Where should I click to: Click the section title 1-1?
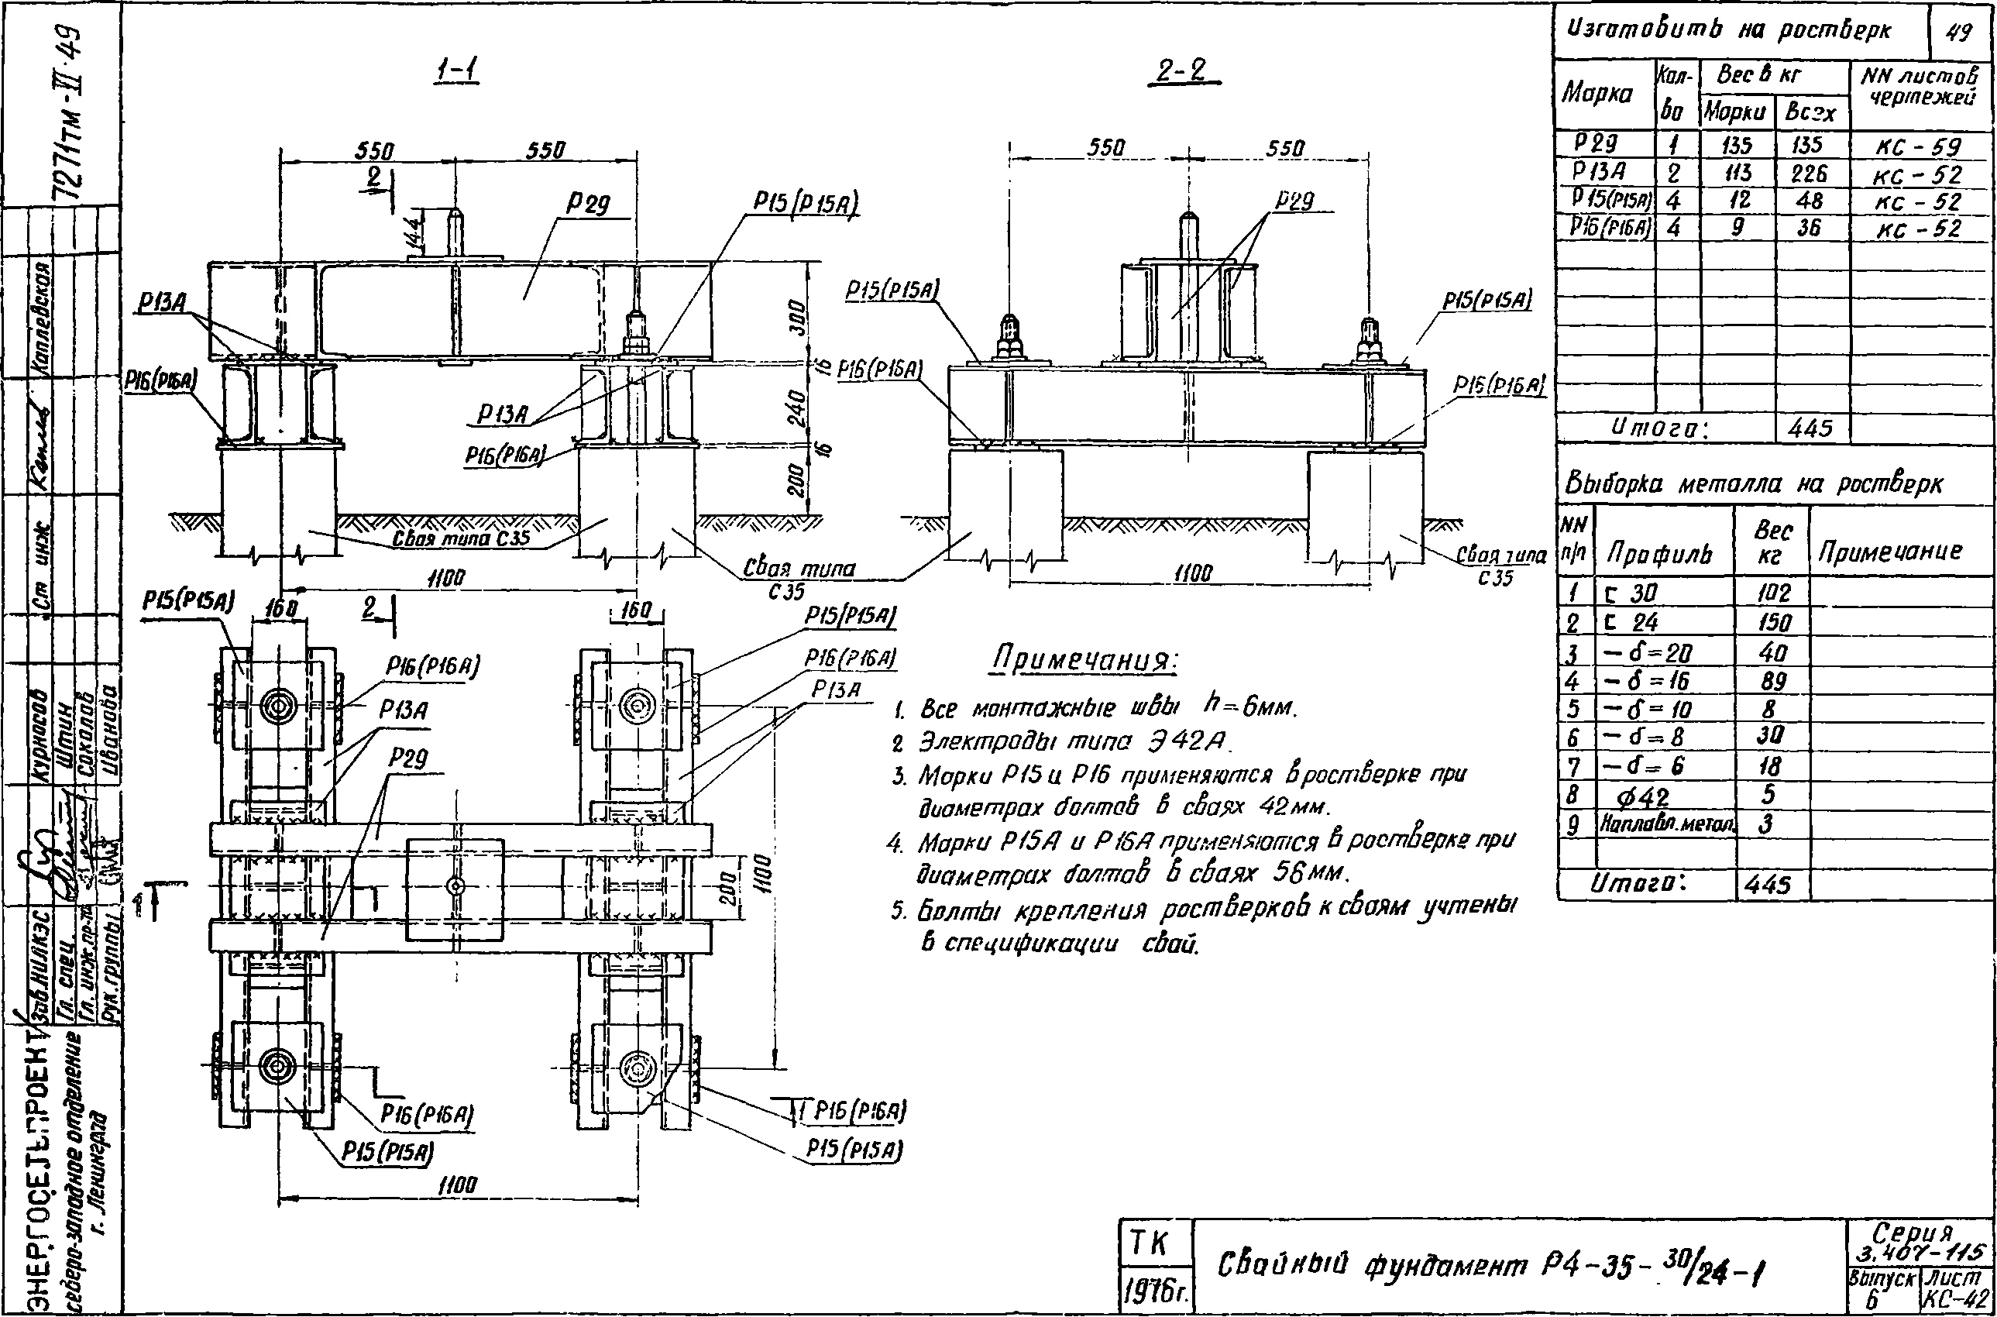pos(458,74)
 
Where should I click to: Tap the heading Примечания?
pos(1085,661)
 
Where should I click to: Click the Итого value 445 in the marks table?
pos(1810,428)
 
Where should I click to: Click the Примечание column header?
pos(1890,551)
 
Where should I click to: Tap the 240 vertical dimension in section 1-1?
pos(799,407)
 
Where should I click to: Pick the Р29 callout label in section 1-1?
pos(587,204)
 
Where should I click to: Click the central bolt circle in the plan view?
pos(455,886)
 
